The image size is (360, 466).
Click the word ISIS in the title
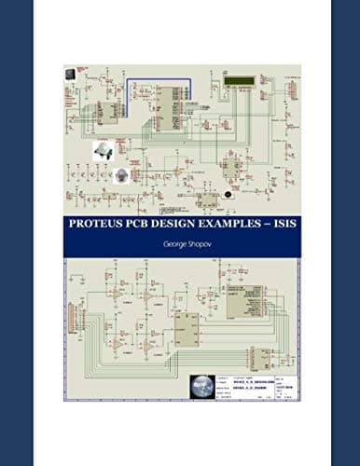278,224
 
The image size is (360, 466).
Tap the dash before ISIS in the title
260,224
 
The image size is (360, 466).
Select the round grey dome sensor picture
119,175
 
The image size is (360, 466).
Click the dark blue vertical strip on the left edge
16,233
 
